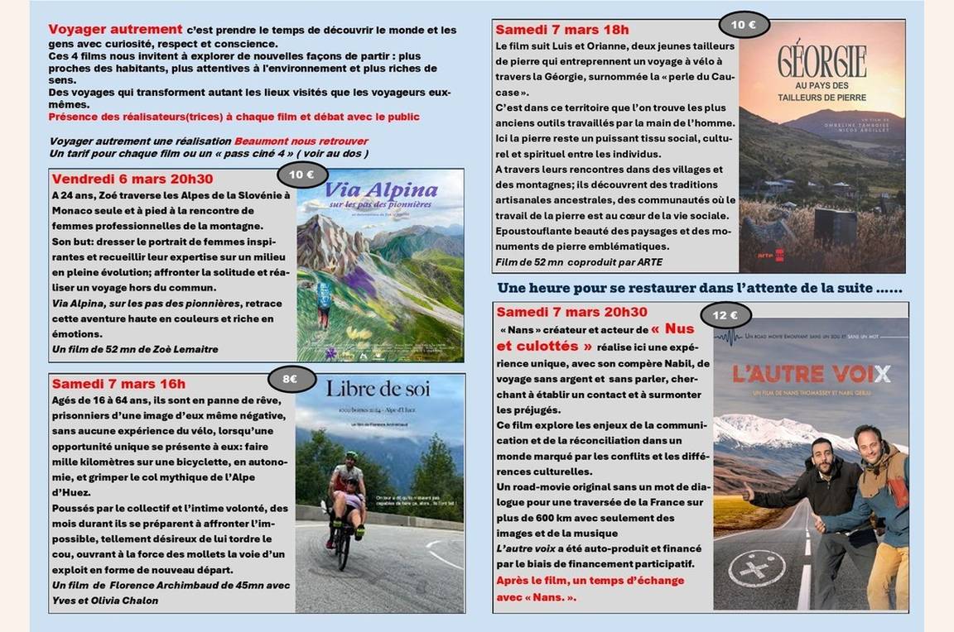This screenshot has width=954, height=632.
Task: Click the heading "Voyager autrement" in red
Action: pyautogui.click(x=115, y=30)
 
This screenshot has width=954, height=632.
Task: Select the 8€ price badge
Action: pyautogui.click(x=291, y=379)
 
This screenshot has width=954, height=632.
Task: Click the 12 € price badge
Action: pyautogui.click(x=725, y=315)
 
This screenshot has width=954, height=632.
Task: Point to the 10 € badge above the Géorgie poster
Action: pyautogui.click(x=744, y=25)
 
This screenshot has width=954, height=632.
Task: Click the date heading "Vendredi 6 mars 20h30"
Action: pyautogui.click(x=132, y=180)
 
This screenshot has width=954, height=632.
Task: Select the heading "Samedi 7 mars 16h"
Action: pyautogui.click(x=118, y=384)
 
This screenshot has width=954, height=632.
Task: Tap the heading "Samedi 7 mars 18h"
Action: pyautogui.click(x=562, y=31)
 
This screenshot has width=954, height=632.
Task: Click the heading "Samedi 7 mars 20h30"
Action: pyautogui.click(x=571, y=312)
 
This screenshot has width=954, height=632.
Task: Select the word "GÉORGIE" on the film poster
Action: pyautogui.click(x=821, y=62)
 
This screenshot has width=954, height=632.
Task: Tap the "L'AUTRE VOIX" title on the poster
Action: pyautogui.click(x=812, y=374)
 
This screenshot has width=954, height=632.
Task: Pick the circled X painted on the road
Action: pyautogui.click(x=756, y=569)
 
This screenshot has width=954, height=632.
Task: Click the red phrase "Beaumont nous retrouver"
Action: pyautogui.click(x=301, y=141)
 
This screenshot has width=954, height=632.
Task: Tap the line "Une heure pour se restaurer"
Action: pyautogui.click(x=699, y=288)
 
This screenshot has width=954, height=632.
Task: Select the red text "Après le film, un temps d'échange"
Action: pyautogui.click(x=590, y=580)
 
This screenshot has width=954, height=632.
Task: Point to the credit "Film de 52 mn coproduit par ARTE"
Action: pyautogui.click(x=579, y=262)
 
